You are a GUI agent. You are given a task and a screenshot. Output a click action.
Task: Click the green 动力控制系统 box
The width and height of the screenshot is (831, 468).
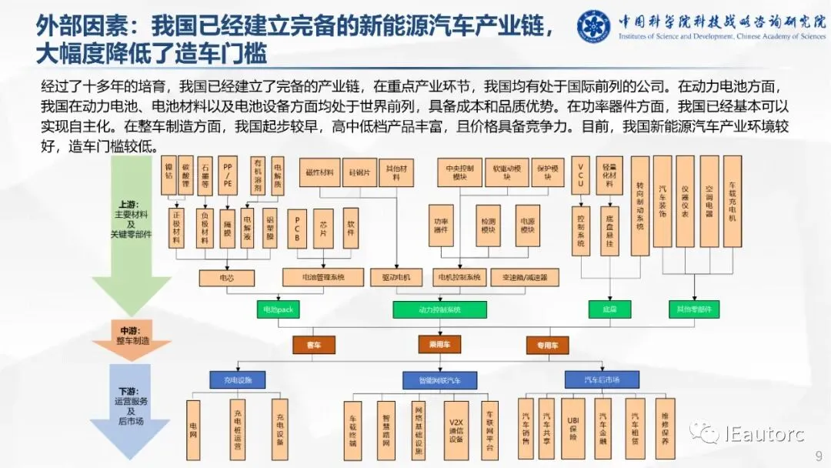pos(439,309)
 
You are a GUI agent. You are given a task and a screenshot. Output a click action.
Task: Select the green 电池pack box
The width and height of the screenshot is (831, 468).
pos(278,309)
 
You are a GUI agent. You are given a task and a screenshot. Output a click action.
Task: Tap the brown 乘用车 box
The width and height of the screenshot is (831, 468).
pos(439,344)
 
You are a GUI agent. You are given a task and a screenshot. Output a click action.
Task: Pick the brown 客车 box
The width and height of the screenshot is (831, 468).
pos(313,344)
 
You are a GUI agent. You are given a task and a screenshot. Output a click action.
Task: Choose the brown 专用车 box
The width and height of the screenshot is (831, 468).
pos(547,344)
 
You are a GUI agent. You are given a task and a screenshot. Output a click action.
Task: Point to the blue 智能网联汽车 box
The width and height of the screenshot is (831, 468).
pos(439,379)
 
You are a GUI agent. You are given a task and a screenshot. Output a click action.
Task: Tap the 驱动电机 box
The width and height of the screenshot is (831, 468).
pos(395,276)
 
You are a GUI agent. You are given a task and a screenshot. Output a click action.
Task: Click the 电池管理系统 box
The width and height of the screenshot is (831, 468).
pos(323,276)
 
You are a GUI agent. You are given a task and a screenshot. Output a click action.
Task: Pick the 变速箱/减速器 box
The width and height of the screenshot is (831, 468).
pos(525,276)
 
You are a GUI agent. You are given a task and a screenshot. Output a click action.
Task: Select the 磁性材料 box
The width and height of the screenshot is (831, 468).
pos(320,173)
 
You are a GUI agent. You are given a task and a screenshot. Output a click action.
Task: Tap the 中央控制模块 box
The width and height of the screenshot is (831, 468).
pos(459,172)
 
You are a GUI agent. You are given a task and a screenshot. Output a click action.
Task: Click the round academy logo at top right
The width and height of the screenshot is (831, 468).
pos(593,28)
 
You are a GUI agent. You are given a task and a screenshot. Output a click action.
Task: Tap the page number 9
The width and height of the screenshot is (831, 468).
pos(819,454)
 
